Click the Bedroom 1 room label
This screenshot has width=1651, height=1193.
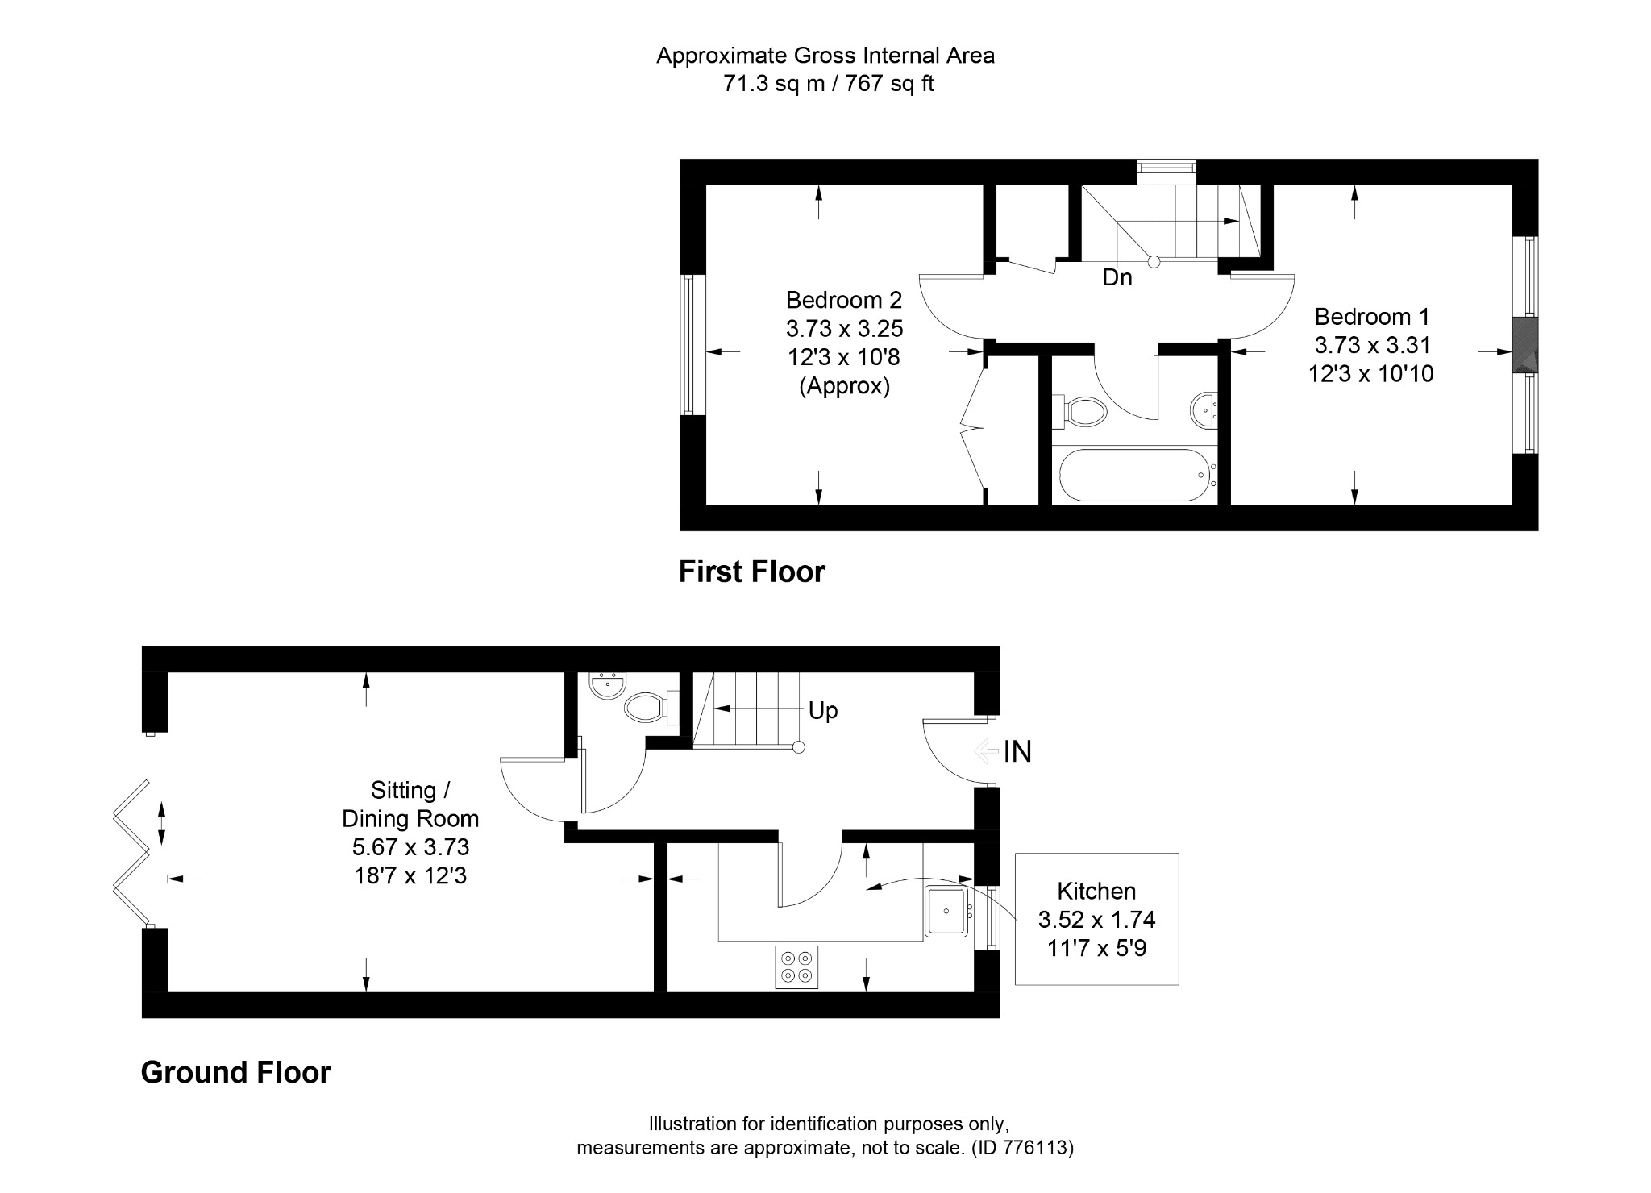[1372, 316]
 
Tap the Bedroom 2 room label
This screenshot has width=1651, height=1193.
[844, 300]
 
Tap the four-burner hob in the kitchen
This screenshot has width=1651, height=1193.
[796, 966]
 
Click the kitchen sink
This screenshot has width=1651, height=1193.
[946, 911]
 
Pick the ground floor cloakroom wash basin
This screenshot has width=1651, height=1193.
[606, 686]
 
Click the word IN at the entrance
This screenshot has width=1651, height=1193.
[1017, 751]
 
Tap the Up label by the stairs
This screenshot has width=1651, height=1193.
[823, 710]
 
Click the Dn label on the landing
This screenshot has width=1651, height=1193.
[1117, 278]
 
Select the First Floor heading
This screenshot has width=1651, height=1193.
[751, 572]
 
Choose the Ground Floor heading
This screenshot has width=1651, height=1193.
[235, 1072]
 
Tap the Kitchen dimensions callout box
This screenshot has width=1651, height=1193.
[1096, 919]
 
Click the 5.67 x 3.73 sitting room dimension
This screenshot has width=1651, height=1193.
[410, 847]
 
